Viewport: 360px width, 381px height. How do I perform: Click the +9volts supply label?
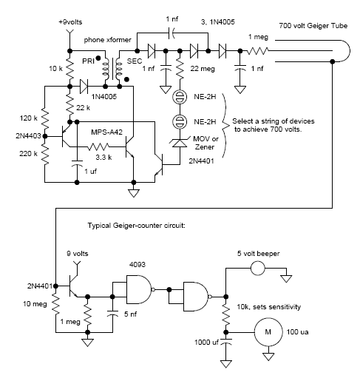pyautogui.click(x=70, y=22)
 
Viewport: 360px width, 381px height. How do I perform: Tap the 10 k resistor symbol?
pyautogui.click(x=70, y=69)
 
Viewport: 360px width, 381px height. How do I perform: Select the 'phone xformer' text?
pyautogui.click(x=107, y=40)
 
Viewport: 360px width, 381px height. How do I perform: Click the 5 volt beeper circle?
pyautogui.click(x=258, y=268)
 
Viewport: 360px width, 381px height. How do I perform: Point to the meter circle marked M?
pyautogui.click(x=268, y=332)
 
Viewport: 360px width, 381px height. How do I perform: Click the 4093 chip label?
pyautogui.click(x=137, y=265)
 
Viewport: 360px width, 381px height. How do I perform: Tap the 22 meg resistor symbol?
pyautogui.click(x=180, y=69)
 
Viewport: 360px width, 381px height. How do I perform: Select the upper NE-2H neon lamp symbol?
pyautogui.click(x=180, y=97)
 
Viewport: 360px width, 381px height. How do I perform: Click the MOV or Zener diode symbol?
pyautogui.click(x=180, y=143)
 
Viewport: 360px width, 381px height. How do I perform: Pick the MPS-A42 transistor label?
pyautogui.click(x=106, y=132)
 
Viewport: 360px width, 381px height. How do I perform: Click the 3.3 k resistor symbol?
pyautogui.click(x=98, y=146)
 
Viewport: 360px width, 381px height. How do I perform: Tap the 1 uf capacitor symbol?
pyautogui.click(x=77, y=163)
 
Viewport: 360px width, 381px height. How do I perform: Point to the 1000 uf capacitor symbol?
pyautogui.click(x=225, y=341)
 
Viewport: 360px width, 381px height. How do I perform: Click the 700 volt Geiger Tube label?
pyautogui.click(x=313, y=26)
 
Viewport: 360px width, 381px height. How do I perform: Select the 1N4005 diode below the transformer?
pyautogui.click(x=84, y=87)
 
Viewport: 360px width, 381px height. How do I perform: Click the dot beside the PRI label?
pyautogui.click(x=98, y=58)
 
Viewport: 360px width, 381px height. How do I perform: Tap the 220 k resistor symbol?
pyautogui.click(x=45, y=154)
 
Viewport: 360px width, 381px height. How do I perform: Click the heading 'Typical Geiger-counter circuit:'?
pyautogui.click(x=137, y=226)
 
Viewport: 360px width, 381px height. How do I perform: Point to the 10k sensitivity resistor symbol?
pyautogui.click(x=225, y=314)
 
